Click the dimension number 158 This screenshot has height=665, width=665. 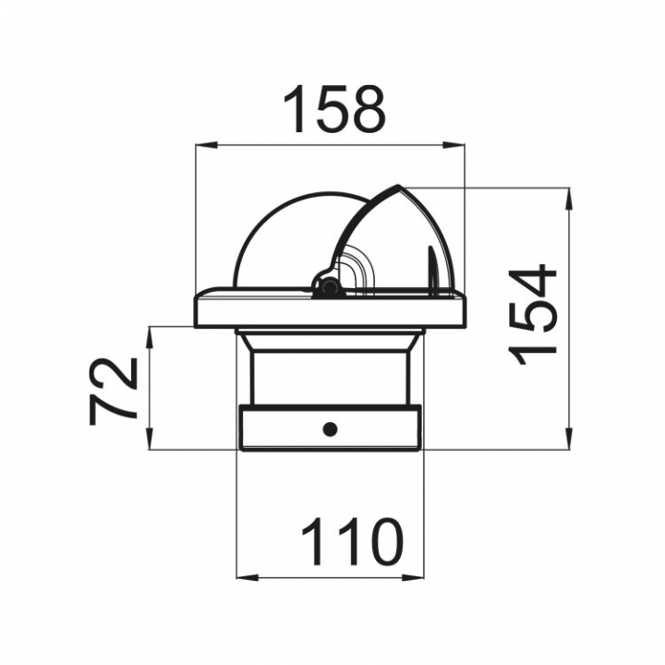(x=334, y=109)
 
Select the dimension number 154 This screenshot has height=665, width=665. (x=532, y=315)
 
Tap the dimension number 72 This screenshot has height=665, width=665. (x=114, y=391)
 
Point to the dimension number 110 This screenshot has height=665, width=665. (x=352, y=541)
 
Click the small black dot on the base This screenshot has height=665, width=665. (x=330, y=429)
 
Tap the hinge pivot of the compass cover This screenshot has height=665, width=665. (x=326, y=285)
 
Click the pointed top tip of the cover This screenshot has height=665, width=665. (x=398, y=186)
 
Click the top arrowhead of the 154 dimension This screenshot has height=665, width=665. (x=568, y=198)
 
